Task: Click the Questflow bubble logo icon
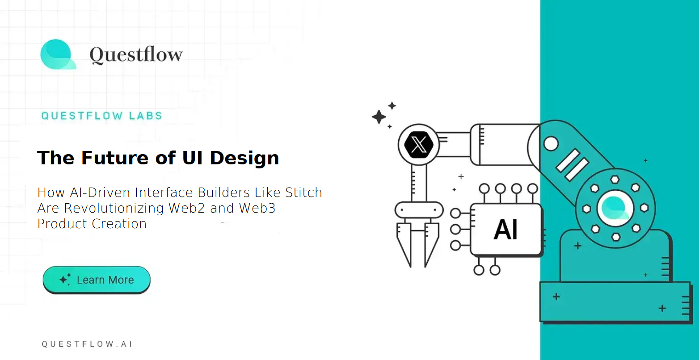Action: [57, 54]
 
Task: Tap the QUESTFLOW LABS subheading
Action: [101, 116]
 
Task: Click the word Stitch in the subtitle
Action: [303, 193]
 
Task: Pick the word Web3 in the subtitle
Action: [257, 208]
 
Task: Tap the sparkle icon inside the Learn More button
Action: [65, 280]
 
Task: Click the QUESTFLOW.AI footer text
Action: [87, 344]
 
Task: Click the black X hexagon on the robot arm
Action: [418, 145]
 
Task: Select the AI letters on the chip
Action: [505, 230]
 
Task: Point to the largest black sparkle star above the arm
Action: [379, 117]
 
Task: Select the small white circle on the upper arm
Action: [551, 144]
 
